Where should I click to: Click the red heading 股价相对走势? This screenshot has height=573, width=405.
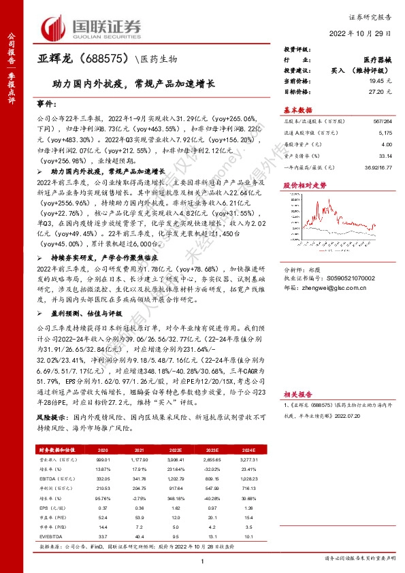[300, 184]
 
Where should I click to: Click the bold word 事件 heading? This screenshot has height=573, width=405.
[47, 105]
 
